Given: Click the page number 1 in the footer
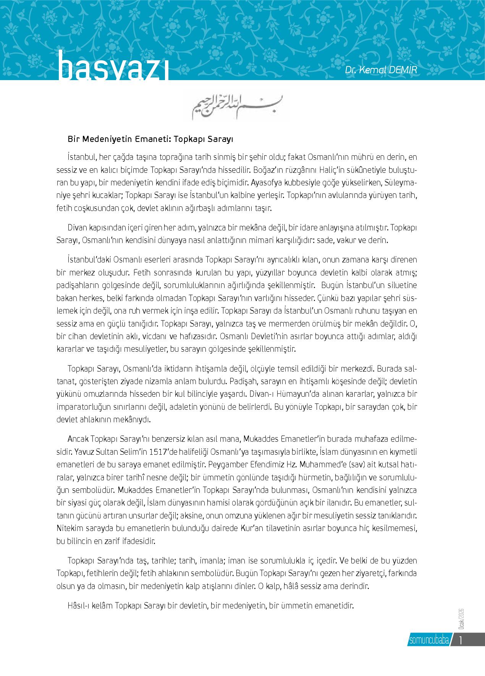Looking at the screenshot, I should click(462, 639).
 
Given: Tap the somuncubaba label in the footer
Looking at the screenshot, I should click(428, 640).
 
